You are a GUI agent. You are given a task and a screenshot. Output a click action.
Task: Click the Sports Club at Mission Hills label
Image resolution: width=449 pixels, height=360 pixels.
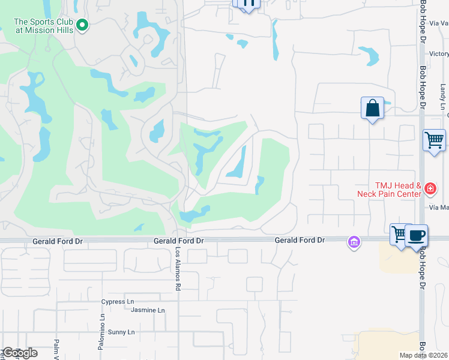44,25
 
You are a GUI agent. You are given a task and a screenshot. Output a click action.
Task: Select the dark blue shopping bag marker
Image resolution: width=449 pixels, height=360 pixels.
373,109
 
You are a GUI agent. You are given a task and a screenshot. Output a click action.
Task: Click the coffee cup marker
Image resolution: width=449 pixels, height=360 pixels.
416,235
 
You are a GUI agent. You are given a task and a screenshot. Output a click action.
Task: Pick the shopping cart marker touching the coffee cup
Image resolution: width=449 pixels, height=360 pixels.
399,233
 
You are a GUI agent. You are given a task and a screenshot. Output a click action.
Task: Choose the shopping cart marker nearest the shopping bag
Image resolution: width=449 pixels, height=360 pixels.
434,141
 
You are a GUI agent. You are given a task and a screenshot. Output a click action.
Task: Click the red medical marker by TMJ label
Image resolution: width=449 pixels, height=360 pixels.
430,189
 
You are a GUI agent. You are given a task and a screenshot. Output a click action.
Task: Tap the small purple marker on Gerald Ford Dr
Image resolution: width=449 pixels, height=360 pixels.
354,242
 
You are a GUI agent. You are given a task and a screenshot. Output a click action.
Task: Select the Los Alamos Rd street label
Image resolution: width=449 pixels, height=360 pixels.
178,269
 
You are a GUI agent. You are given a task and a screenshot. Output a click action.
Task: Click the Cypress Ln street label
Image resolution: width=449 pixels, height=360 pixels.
118,301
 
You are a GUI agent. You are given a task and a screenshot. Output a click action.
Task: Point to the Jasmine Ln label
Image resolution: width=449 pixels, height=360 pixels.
148,310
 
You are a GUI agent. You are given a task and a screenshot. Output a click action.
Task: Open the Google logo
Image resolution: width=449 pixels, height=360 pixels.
19,353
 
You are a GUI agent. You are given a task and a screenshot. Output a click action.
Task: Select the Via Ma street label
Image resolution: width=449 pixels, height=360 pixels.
439,208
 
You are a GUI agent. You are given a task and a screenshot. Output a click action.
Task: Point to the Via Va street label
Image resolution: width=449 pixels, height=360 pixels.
439,23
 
